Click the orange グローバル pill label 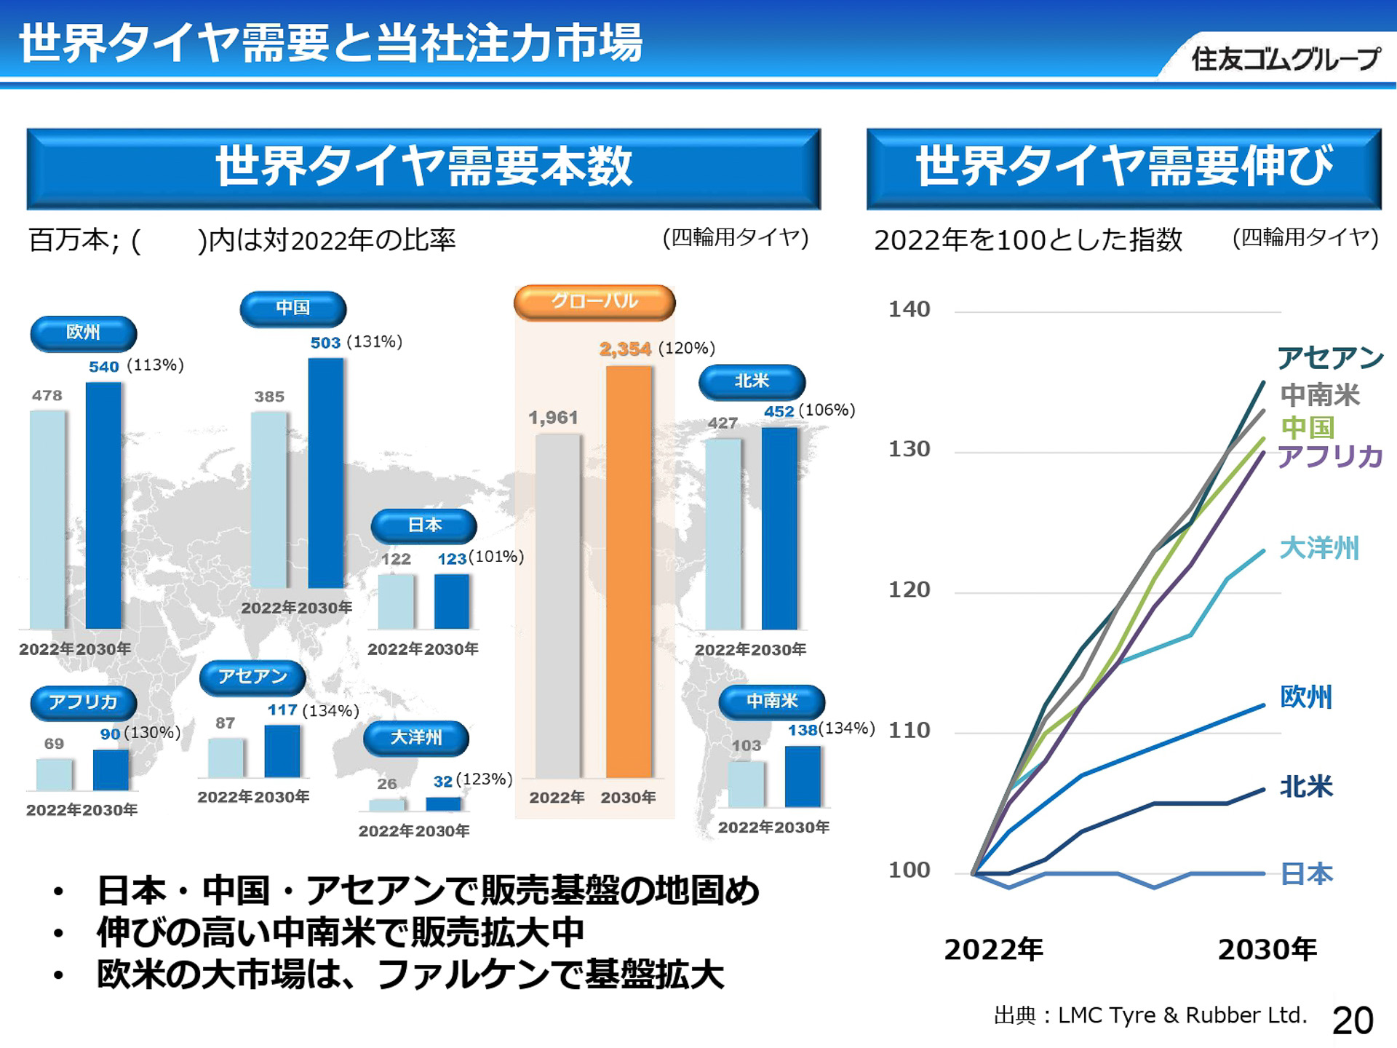[594, 302]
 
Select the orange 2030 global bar [629, 571]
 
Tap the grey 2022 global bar [558, 606]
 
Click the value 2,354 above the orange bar [625, 349]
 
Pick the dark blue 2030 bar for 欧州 [103, 505]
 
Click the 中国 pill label [292, 309]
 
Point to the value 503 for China [325, 343]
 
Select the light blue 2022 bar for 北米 [723, 533]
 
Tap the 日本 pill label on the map [424, 525]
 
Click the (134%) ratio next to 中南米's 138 [847, 729]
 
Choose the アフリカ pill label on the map [83, 702]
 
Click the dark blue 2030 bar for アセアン [282, 751]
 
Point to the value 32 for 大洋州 [443, 782]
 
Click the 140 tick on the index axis [909, 310]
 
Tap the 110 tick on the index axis [909, 731]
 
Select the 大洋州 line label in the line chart [1318, 548]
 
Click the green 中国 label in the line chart [1308, 426]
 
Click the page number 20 [1353, 1020]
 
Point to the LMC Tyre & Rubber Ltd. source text [1182, 1015]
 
